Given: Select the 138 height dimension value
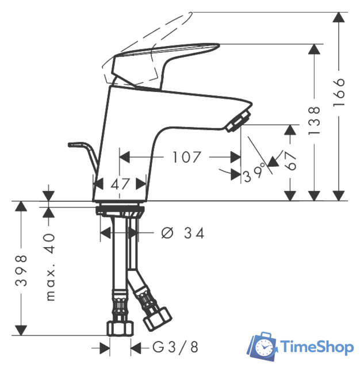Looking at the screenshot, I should (315, 120).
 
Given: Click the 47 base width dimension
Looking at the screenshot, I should (120, 185).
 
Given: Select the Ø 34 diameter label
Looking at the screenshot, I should (183, 233).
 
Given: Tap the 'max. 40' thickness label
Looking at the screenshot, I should (50, 267).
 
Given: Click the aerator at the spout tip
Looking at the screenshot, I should (238, 122).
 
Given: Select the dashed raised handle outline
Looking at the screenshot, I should (150, 34).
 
